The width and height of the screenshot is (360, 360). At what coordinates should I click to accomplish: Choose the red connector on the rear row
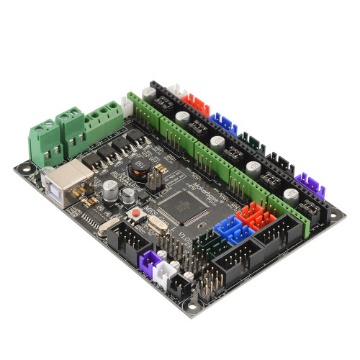(195, 104)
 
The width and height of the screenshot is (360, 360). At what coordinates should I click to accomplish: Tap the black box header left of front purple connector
(130, 242)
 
